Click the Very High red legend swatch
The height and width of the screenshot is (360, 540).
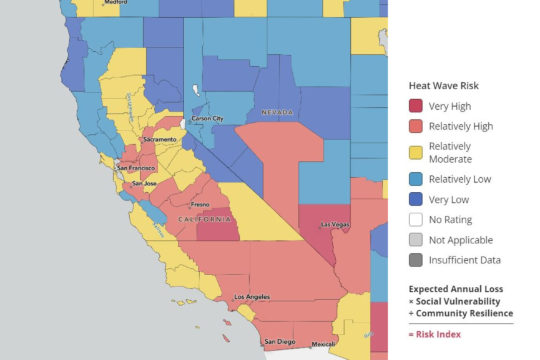click(415, 106)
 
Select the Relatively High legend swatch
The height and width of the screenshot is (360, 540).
click(415, 126)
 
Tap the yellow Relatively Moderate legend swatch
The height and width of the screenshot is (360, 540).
click(415, 152)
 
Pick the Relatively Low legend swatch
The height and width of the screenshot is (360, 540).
click(415, 179)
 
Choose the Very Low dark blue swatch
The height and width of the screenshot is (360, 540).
click(415, 200)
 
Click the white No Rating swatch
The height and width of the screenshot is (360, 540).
click(415, 220)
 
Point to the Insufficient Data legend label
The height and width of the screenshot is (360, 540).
click(464, 260)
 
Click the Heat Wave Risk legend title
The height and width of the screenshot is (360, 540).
click(443, 86)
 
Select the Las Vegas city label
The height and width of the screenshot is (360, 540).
click(335, 225)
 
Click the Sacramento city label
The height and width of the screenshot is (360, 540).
click(159, 139)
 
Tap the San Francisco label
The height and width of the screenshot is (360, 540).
click(136, 168)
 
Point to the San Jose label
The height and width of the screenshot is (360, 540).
click(144, 183)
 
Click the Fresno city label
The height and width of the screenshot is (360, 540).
click(200, 205)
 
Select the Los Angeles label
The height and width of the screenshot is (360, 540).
click(252, 297)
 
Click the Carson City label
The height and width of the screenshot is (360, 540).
click(207, 119)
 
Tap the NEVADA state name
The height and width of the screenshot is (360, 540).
click(277, 112)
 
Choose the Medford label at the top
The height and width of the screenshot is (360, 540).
click(115, 2)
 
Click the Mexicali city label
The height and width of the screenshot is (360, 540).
click(323, 344)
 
